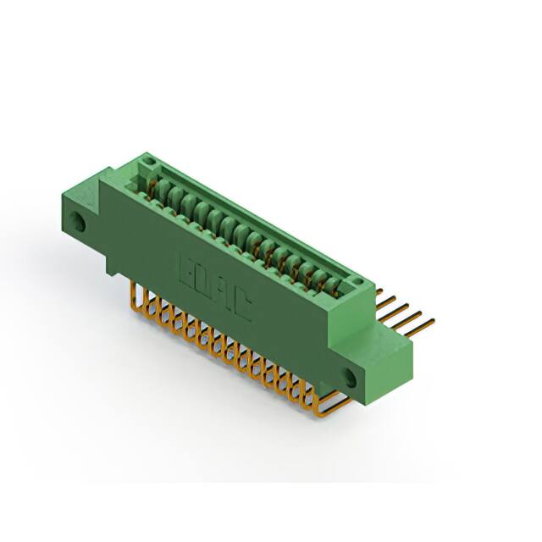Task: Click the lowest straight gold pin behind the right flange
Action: pyautogui.click(x=423, y=324)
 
